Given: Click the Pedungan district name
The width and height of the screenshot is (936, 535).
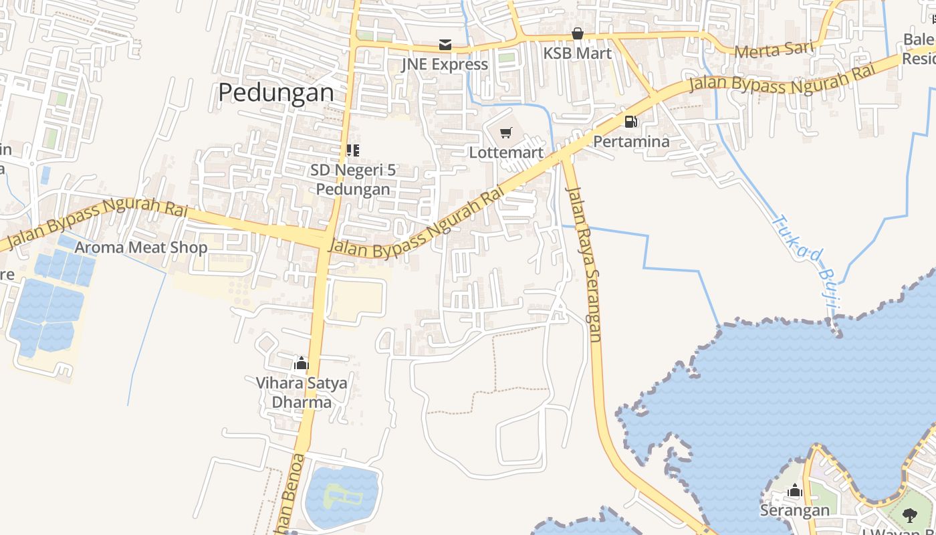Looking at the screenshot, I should [276, 92].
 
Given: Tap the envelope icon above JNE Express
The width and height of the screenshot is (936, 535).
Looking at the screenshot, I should [445, 45].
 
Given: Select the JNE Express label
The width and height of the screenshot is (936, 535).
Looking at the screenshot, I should [445, 64].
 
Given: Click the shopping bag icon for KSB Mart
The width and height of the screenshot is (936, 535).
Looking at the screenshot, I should [578, 33].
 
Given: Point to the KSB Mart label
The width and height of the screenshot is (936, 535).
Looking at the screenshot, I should [578, 53].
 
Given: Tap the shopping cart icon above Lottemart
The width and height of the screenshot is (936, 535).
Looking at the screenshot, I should [506, 133].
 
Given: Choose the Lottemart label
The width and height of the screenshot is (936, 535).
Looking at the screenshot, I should [506, 152].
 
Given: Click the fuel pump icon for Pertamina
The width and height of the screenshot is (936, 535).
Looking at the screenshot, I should [630, 122].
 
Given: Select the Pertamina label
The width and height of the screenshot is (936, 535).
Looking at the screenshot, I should [631, 142].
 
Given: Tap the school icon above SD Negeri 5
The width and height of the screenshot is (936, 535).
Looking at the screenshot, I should [352, 150].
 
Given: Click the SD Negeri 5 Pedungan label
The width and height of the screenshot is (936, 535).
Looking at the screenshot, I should [353, 179].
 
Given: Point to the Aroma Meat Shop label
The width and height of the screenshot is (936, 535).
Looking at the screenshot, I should [141, 247].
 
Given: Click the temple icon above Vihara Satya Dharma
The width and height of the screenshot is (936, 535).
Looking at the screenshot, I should [302, 364].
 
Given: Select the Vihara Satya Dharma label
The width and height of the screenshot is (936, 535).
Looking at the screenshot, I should [302, 393].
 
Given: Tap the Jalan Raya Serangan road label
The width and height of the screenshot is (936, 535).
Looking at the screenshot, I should [584, 263].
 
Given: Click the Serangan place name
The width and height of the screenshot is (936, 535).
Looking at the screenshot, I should [794, 511].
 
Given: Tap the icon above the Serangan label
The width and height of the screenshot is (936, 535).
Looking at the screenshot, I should [794, 492].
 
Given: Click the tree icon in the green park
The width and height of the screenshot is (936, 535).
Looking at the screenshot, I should [910, 515].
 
